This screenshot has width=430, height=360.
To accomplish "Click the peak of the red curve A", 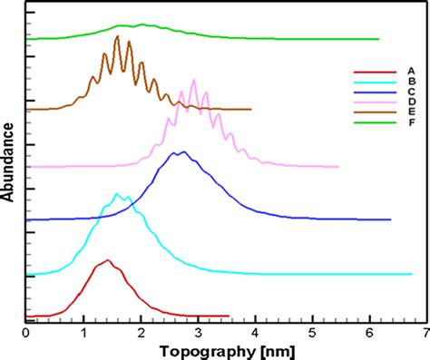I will click(108, 261).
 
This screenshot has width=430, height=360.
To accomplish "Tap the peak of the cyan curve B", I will click(117, 194).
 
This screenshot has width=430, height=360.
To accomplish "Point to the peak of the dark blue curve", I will click(183, 152).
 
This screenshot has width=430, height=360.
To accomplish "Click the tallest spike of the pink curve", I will click(192, 80).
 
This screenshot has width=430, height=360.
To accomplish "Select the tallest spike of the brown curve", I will click(117, 37).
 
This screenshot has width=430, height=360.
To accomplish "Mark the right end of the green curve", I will click(378, 39).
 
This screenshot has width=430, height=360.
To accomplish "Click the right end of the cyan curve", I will click(411, 273).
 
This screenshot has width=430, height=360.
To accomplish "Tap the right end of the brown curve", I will click(250, 109).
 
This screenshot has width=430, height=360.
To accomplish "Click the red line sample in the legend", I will click(370, 70).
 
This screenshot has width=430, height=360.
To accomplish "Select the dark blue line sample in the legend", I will click(370, 92).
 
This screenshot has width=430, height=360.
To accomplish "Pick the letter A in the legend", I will click(411, 70).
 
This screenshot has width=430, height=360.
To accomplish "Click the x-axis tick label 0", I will click(27, 333).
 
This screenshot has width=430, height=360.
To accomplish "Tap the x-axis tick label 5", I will click(313, 333).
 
